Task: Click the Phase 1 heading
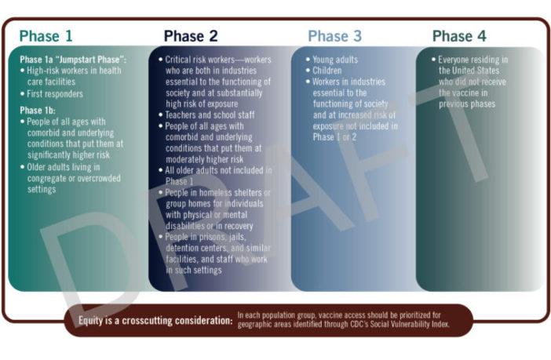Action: coord(47,36)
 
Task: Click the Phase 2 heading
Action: coord(191,36)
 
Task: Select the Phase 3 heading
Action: coord(335,36)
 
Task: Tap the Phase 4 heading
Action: coord(464,36)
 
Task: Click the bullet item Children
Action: coord(328,71)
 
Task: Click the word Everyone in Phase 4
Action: coord(458,60)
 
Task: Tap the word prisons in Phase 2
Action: coord(210,236)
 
